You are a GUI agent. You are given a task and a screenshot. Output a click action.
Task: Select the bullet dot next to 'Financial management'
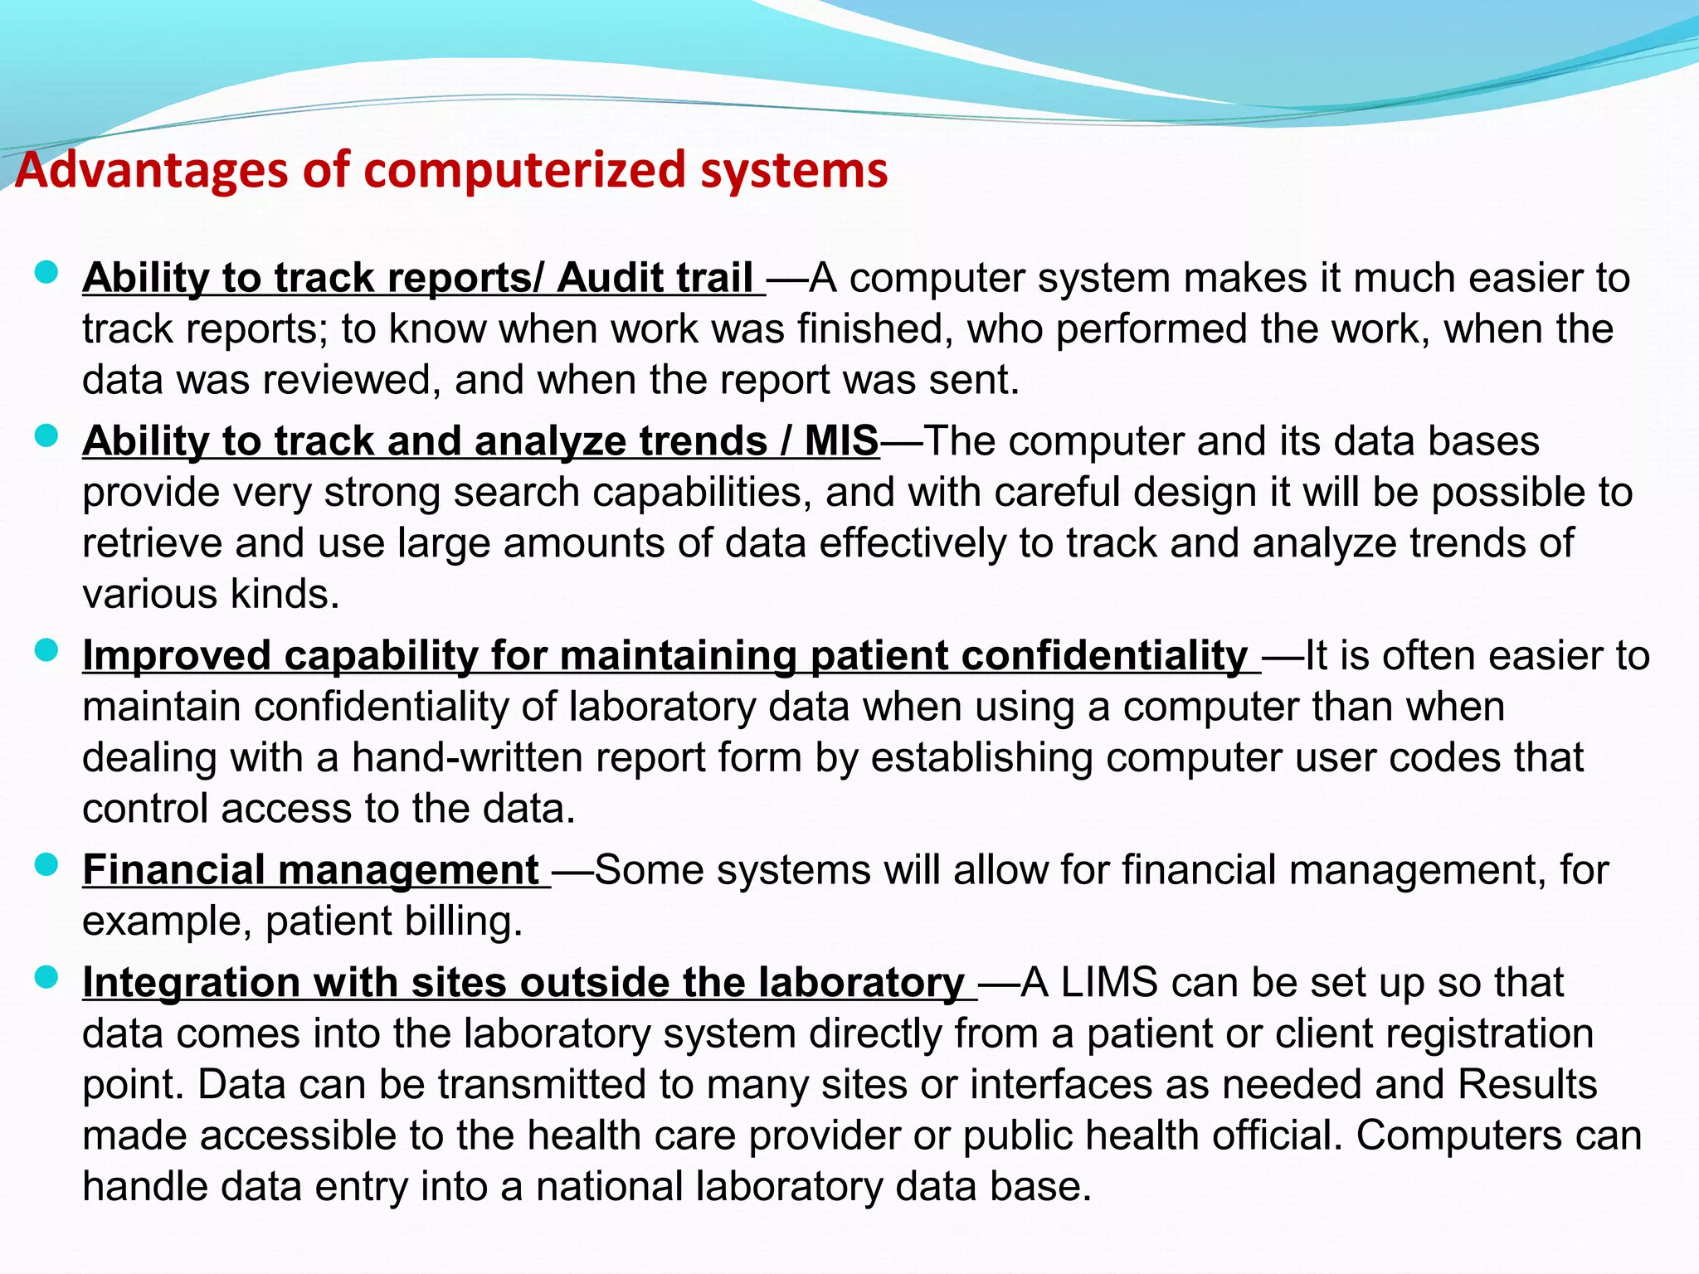46,865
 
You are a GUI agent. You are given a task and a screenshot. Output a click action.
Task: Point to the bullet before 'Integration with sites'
46,978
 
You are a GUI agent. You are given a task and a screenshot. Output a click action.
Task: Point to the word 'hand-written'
487,758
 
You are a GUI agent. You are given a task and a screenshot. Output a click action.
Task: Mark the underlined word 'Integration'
191,983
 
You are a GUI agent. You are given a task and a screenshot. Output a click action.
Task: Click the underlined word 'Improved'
177,655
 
